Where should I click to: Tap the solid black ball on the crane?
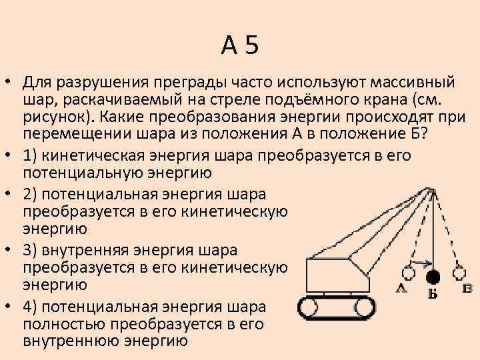[x=433, y=275]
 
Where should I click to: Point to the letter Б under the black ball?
[x=433, y=293]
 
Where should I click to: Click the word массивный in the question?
[x=413, y=82]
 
